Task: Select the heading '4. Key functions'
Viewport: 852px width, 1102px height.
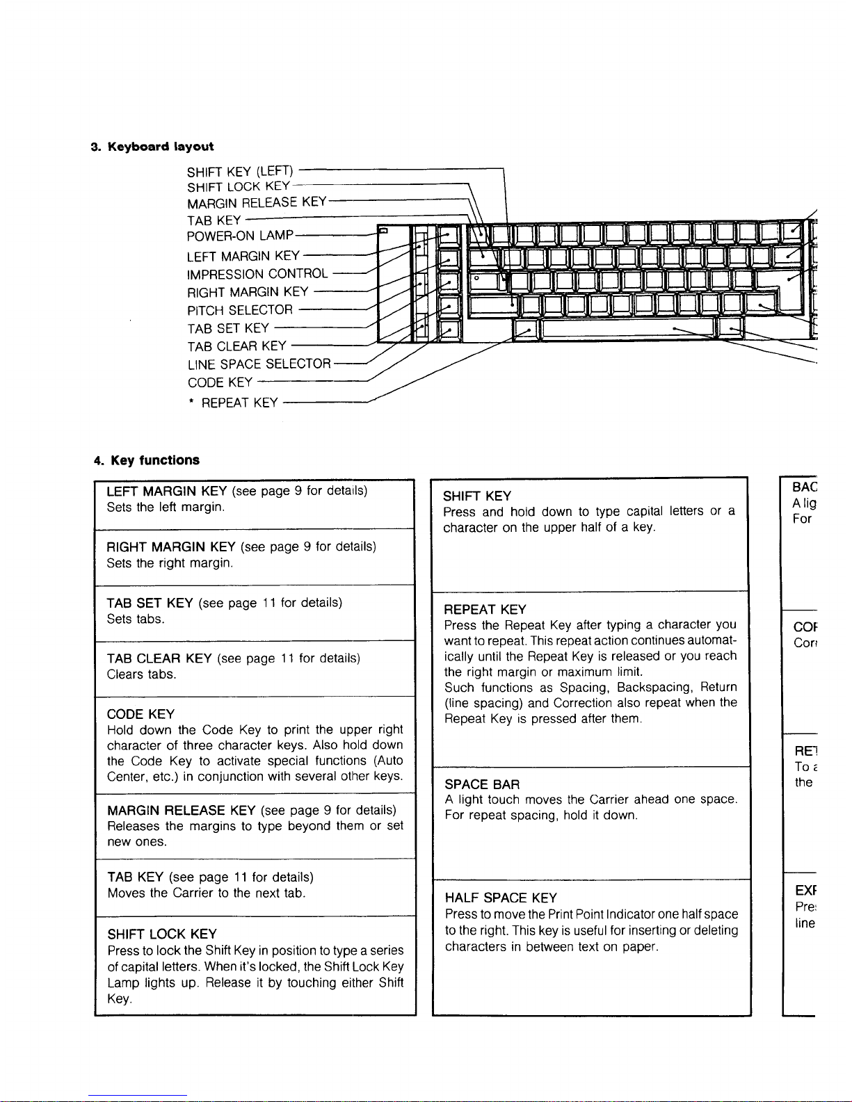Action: pos(147,460)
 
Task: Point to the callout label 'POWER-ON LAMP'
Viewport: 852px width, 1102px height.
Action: pos(241,236)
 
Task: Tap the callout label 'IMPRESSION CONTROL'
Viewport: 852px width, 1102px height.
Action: pos(257,274)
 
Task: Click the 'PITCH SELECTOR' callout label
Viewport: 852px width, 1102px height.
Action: pos(240,310)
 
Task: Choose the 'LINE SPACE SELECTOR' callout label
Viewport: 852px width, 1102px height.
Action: pos(259,364)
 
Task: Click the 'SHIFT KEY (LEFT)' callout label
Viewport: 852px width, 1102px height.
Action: pos(241,171)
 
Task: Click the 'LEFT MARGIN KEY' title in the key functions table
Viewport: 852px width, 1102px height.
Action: pos(168,492)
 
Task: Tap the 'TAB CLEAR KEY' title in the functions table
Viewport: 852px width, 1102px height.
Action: pos(159,658)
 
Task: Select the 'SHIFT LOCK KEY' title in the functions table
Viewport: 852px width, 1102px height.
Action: pos(162,934)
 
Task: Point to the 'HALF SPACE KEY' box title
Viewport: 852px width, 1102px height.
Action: pos(501,898)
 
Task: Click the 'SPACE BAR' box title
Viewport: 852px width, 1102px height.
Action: pos(482,785)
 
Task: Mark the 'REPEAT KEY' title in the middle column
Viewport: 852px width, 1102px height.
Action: pos(485,610)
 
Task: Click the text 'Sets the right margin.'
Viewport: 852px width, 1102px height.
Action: pos(170,563)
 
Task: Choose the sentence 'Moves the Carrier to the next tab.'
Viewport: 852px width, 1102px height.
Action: pos(207,893)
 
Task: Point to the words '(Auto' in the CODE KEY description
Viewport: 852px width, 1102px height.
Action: pos(388,761)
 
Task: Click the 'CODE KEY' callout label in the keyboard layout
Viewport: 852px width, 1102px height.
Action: pos(220,383)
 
